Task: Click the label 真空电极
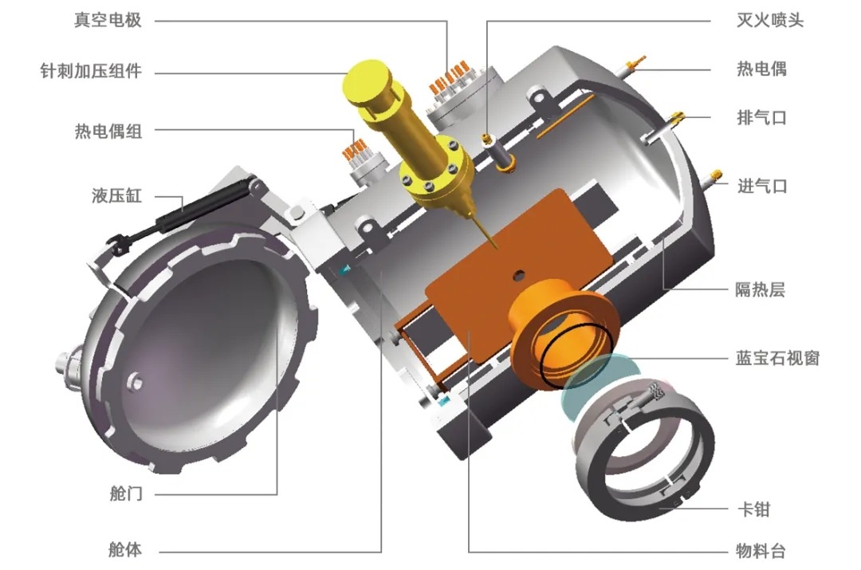(x=108, y=20)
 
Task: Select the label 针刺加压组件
(x=91, y=71)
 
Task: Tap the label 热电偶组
(x=108, y=132)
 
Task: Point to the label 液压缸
(x=116, y=195)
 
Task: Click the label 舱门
(x=126, y=493)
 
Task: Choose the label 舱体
(x=126, y=549)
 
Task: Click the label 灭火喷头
(x=770, y=20)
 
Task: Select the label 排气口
(x=761, y=117)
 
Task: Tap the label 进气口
(x=761, y=187)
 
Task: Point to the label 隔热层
(x=761, y=289)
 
